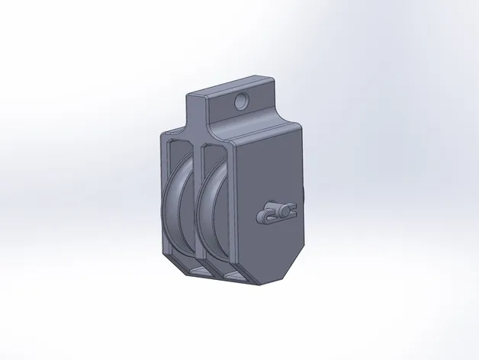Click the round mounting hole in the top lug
point(243,100)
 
